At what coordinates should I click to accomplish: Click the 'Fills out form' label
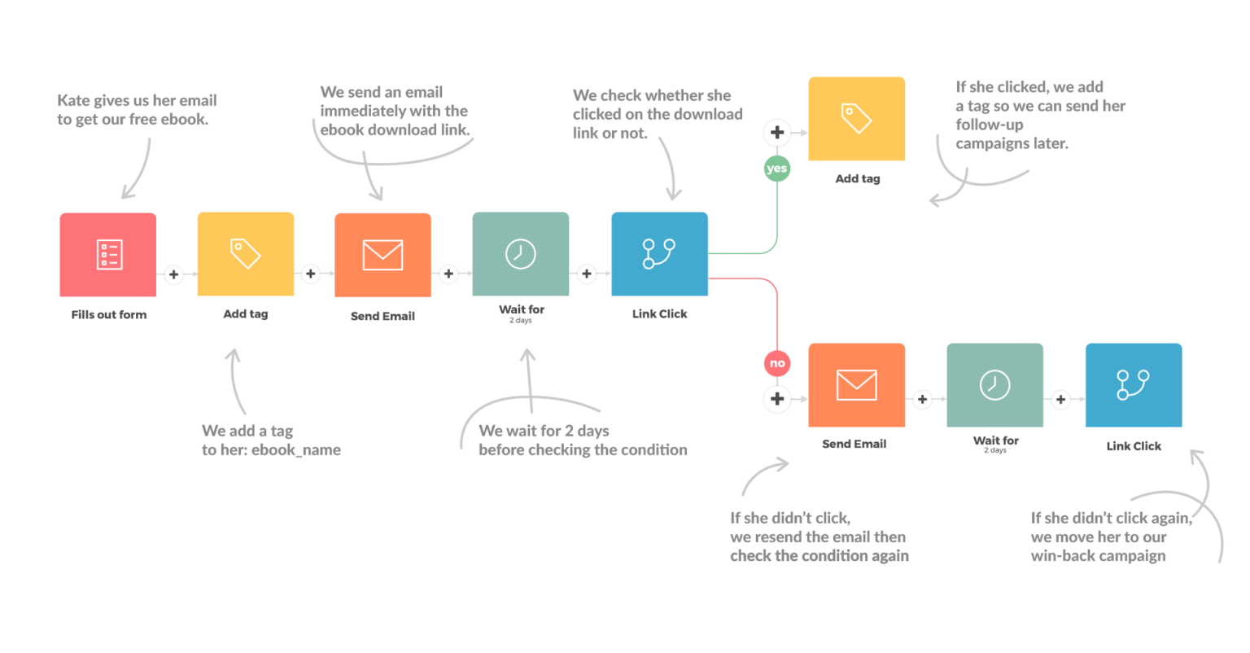(108, 314)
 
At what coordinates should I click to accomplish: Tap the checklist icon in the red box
(109, 254)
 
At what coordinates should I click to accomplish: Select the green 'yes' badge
(777, 169)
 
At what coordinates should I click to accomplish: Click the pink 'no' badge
(777, 363)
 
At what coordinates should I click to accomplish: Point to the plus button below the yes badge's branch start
(777, 133)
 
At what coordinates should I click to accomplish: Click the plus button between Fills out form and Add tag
(173, 274)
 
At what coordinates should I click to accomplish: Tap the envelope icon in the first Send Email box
(382, 254)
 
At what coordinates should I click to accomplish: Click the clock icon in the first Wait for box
(520, 253)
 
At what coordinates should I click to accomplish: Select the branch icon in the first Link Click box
(659, 253)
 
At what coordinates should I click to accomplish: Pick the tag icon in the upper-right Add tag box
(856, 119)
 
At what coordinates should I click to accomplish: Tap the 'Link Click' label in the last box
(1133, 446)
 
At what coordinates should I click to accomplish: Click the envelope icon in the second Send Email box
(856, 384)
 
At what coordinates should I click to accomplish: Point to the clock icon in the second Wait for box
(994, 384)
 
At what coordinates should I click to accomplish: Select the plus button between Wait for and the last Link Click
(1060, 399)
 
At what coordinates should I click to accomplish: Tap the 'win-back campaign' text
(1098, 557)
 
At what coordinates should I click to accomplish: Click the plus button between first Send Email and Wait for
(448, 274)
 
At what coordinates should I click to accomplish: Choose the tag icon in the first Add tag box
(245, 253)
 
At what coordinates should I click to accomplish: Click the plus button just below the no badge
(777, 398)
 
